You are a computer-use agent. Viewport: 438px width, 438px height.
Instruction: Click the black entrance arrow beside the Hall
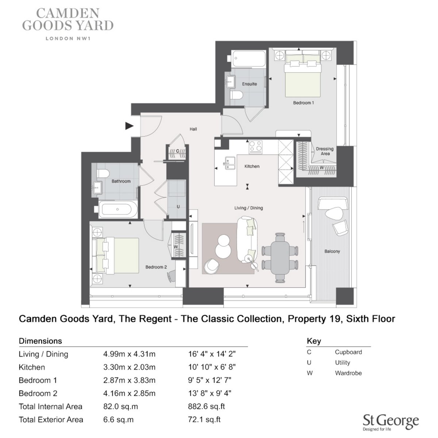[129, 126]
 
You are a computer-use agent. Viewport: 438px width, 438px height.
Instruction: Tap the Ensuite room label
[249, 84]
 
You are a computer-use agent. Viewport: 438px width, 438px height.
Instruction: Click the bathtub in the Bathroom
[118, 209]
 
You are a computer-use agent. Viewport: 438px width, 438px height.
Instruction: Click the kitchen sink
[230, 163]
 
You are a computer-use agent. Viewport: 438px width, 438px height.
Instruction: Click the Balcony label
[332, 251]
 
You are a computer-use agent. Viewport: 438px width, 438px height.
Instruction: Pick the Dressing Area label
[325, 151]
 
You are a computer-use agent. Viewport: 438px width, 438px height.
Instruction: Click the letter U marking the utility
[178, 207]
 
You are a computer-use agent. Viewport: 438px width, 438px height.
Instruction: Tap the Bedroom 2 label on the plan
[156, 267]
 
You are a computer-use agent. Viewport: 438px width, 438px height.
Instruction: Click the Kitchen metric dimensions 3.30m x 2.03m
[129, 367]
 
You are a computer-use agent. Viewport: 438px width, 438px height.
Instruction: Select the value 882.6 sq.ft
[206, 407]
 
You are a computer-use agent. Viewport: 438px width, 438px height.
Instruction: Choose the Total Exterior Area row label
[51, 420]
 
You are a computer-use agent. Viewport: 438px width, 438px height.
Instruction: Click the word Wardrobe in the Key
[348, 373]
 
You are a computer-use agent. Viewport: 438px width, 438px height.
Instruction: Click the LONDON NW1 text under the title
[68, 38]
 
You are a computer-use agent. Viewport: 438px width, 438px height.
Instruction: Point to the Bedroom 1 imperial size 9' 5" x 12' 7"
[210, 380]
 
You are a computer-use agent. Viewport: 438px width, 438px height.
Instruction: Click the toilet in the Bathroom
[103, 173]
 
